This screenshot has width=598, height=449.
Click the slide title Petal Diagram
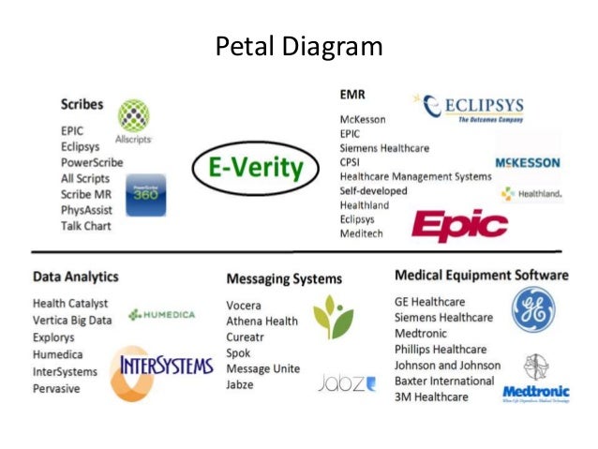(x=299, y=46)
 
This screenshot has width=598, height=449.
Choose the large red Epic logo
(x=459, y=225)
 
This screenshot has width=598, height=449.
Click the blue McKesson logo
(x=528, y=162)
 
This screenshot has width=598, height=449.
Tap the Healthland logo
(x=531, y=194)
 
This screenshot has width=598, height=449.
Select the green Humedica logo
(x=161, y=314)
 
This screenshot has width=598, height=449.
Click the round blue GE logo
(x=532, y=309)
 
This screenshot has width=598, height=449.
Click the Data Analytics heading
(x=76, y=277)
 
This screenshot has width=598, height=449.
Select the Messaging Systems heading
(x=284, y=278)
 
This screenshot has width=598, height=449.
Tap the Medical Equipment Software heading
(x=481, y=276)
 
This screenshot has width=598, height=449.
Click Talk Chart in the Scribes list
(x=85, y=226)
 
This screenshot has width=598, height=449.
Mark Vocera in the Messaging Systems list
(x=244, y=306)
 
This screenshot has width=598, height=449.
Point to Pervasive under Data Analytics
(x=57, y=387)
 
